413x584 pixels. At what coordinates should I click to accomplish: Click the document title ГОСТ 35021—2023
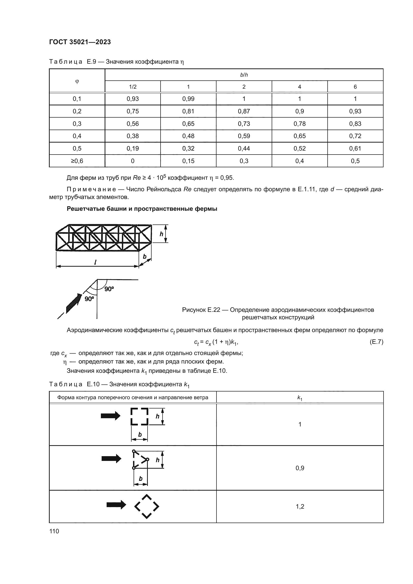click(80, 42)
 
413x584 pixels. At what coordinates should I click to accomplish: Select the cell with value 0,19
click(133, 148)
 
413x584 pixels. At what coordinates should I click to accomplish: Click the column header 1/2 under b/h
click(133, 87)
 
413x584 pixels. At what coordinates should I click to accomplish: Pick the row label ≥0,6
click(77, 161)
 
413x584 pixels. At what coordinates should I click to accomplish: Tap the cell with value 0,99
click(188, 99)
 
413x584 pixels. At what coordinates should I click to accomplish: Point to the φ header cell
click(77, 81)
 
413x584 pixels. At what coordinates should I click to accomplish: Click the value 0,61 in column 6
click(355, 148)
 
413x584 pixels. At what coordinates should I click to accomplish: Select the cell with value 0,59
click(244, 136)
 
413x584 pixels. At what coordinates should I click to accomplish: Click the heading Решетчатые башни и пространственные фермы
click(142, 209)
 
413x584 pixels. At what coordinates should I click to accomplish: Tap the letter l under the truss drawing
click(95, 262)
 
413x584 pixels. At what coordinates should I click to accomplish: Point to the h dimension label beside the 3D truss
click(161, 234)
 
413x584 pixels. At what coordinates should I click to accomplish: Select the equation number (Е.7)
click(376, 342)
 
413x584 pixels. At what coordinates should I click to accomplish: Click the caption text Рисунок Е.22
click(201, 310)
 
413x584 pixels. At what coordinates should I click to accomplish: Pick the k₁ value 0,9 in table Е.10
click(300, 468)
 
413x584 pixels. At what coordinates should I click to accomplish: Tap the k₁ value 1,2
click(300, 506)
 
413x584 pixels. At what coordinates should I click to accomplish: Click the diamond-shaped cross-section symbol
click(147, 506)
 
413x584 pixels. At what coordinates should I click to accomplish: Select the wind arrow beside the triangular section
click(111, 458)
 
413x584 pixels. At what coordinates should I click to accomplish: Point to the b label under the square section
click(140, 434)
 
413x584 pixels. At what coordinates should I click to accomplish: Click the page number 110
click(54, 531)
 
